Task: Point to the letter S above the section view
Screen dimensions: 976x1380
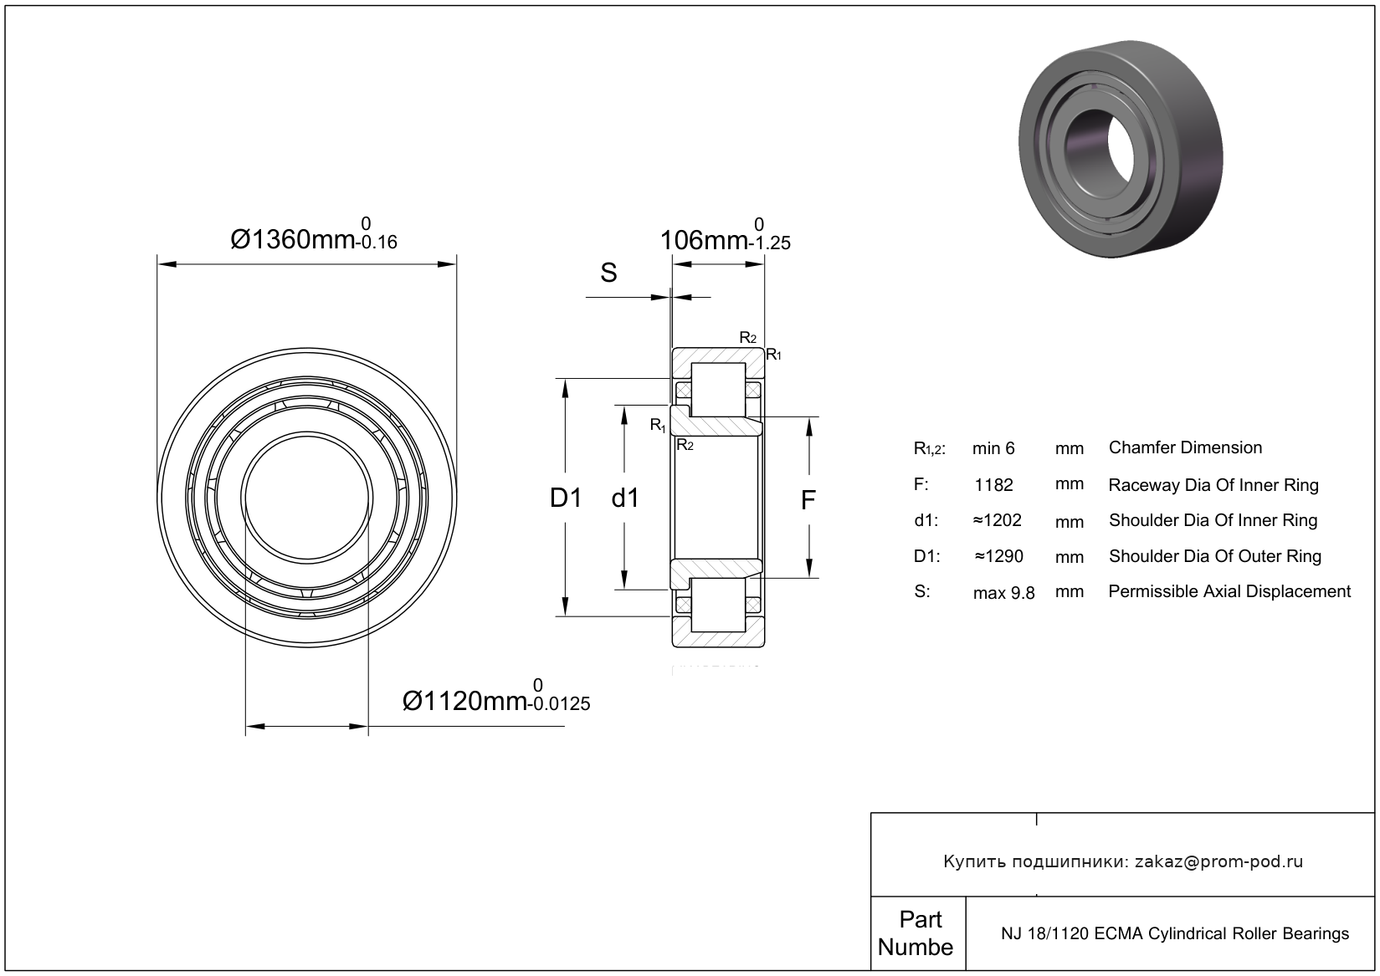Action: (608, 273)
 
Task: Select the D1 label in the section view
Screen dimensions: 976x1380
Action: (565, 498)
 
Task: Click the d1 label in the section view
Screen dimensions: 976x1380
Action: (625, 498)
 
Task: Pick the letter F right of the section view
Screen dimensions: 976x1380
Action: (808, 500)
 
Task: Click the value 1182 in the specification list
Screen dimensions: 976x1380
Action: (993, 485)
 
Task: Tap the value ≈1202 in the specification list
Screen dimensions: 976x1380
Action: (997, 520)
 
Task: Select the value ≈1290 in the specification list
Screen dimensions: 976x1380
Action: (998, 556)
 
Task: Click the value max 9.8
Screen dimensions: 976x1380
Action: (1003, 593)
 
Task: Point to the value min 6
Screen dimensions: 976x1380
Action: (993, 449)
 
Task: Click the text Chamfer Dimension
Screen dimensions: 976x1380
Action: (1185, 447)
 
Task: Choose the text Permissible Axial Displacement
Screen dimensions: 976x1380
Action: (1229, 591)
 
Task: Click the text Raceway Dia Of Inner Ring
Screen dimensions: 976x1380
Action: (1213, 485)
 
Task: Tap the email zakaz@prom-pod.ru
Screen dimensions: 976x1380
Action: (1218, 861)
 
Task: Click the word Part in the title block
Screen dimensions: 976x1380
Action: (920, 919)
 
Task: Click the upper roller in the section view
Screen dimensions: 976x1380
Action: (717, 390)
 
